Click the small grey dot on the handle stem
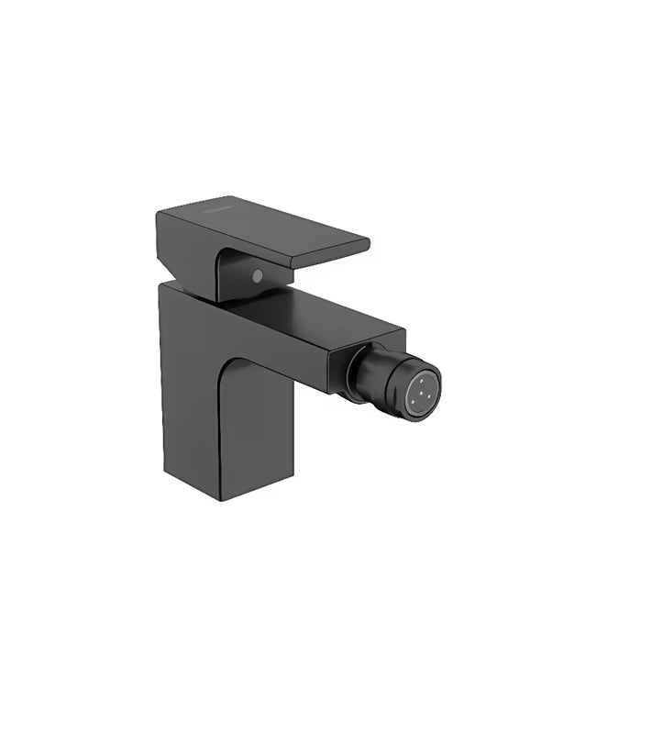[x=258, y=274]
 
